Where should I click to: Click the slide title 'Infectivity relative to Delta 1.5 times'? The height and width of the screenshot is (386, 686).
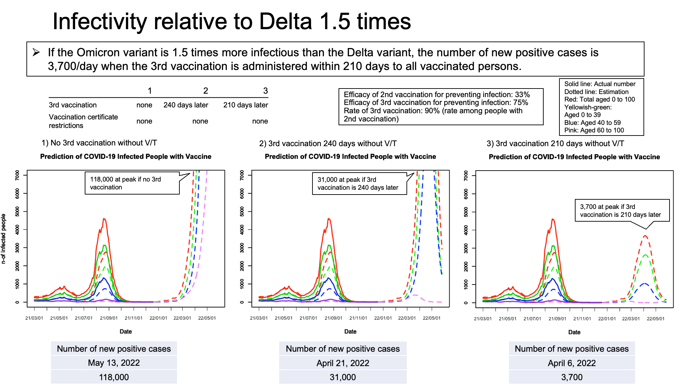click(x=232, y=21)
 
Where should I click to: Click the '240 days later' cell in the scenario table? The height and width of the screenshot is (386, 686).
click(x=186, y=105)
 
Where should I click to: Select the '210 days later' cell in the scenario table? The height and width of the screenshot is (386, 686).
click(x=246, y=105)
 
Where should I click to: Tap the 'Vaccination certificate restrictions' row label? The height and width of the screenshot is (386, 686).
click(x=83, y=121)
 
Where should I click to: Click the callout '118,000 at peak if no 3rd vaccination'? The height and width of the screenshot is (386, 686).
click(x=132, y=183)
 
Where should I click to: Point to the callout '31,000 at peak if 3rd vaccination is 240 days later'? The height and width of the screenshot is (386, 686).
click(x=359, y=184)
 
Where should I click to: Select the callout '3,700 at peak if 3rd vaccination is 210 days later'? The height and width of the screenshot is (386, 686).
click(x=622, y=211)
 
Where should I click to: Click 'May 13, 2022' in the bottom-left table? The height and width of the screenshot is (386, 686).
click(x=114, y=363)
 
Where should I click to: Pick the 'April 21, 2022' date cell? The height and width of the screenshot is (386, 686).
click(x=343, y=363)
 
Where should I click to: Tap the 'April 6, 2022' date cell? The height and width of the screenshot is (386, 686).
click(x=572, y=363)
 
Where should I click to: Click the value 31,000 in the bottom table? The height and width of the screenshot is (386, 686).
click(x=343, y=377)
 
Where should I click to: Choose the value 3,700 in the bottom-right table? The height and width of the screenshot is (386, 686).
click(x=572, y=377)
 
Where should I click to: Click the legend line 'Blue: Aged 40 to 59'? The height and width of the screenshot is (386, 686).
click(x=592, y=122)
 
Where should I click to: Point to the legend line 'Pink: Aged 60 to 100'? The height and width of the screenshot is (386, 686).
click(x=594, y=130)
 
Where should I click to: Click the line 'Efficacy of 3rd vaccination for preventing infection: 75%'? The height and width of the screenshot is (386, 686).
click(x=436, y=103)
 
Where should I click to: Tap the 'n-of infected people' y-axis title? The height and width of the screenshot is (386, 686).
click(x=4, y=239)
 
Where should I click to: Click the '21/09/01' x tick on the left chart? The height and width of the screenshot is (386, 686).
click(x=109, y=318)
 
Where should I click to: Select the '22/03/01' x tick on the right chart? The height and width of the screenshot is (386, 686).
click(x=631, y=319)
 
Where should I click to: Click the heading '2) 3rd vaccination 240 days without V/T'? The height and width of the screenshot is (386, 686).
click(x=328, y=143)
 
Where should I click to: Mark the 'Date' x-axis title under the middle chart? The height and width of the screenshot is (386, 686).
click(x=350, y=331)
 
